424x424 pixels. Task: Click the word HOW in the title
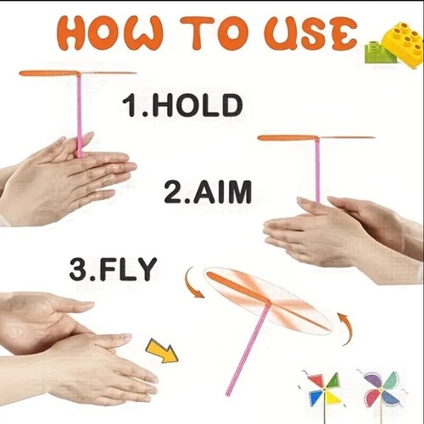(109, 33)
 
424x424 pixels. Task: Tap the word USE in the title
(310, 33)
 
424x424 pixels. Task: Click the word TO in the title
(214, 33)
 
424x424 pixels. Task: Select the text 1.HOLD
(182, 105)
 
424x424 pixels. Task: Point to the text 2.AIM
(208, 192)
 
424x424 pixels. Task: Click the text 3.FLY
(113, 269)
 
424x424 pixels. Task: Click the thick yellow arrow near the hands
(162, 350)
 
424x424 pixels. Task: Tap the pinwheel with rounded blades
(381, 389)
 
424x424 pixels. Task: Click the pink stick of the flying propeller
(248, 349)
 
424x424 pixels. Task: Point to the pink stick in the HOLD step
(80, 115)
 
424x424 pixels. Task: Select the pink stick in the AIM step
(318, 170)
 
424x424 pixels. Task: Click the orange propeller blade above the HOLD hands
(78, 74)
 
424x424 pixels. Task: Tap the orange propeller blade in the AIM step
(316, 138)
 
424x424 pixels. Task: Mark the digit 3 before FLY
(77, 269)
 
